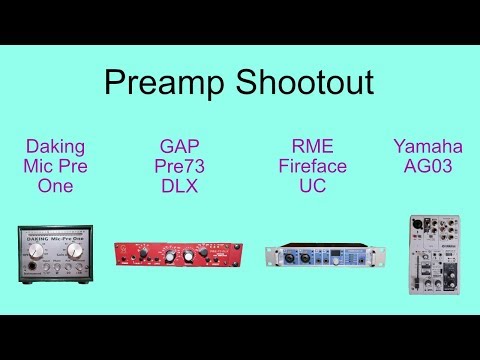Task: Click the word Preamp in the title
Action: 161,82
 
